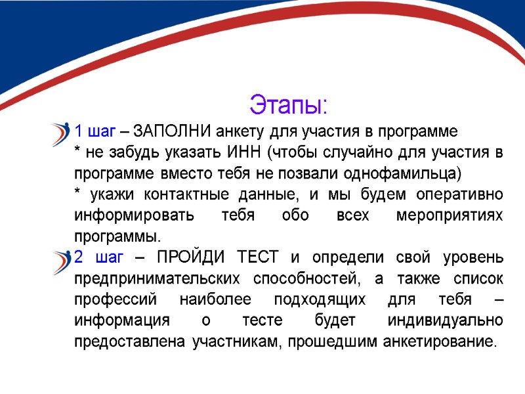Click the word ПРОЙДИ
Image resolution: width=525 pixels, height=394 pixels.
click(189, 257)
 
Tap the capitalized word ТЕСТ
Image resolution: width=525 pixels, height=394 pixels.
click(255, 257)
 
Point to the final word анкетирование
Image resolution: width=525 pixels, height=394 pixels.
click(440, 341)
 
